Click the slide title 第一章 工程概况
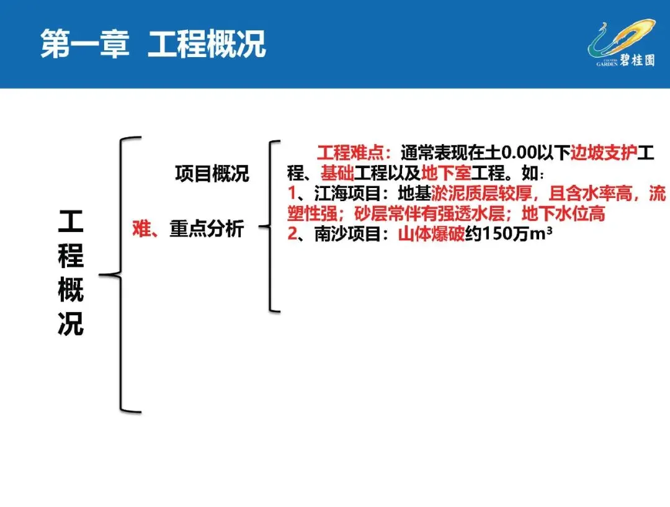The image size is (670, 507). (153, 45)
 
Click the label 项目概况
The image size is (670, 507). (212, 174)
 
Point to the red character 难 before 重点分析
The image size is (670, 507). (142, 229)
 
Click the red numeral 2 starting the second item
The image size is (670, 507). (293, 235)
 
